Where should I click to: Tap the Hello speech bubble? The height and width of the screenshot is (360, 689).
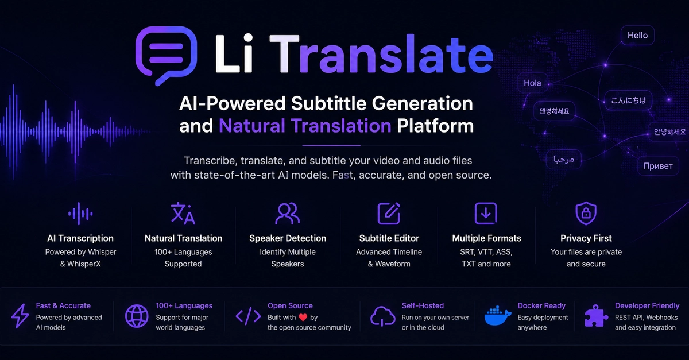(x=637, y=36)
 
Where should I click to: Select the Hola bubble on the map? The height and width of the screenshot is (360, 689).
(x=532, y=83)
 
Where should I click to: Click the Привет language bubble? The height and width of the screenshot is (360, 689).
(x=658, y=166)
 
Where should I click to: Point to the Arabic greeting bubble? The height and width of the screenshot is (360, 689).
(x=563, y=159)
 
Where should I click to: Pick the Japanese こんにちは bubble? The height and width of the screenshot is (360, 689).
(x=628, y=100)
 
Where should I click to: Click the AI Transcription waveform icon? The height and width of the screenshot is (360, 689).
(x=80, y=214)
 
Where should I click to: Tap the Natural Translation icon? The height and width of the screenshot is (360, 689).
(x=183, y=213)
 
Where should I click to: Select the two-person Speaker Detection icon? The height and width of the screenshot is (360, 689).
(x=287, y=213)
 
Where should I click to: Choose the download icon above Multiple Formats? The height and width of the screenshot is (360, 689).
(x=486, y=213)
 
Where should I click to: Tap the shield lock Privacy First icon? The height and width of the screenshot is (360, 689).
(x=586, y=213)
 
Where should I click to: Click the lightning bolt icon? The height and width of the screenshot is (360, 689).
(x=20, y=316)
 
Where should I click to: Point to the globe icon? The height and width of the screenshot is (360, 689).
(x=137, y=316)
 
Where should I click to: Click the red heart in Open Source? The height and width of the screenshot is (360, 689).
(x=303, y=318)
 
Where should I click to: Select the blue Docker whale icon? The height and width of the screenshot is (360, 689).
(x=497, y=316)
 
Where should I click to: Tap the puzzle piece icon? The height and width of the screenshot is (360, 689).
(x=596, y=316)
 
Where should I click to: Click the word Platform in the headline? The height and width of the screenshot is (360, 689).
(x=435, y=126)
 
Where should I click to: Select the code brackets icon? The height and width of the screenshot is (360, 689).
(x=248, y=316)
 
